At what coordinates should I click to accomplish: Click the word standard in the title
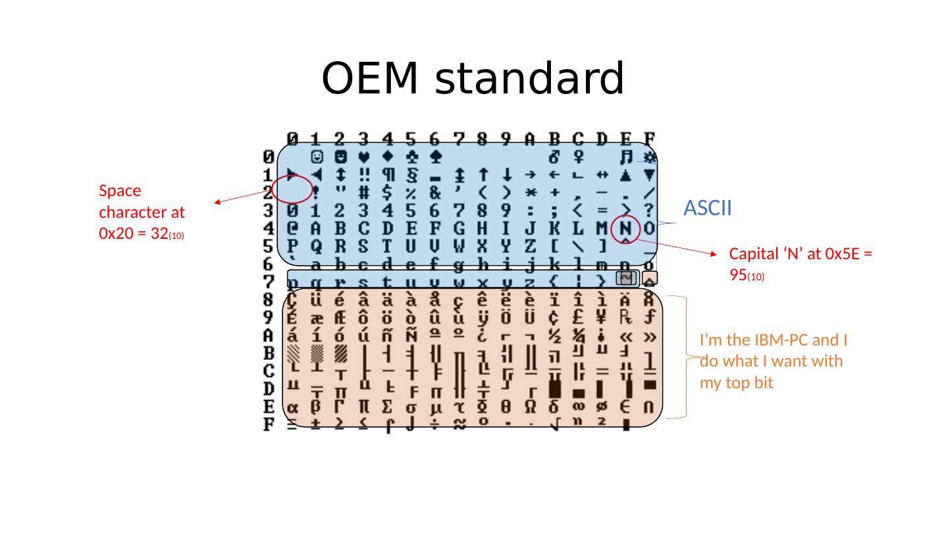click(530, 79)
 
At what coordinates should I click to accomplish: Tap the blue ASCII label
click(708, 208)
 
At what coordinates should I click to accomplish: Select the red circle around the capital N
click(626, 228)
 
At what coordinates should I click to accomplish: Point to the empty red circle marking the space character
click(292, 189)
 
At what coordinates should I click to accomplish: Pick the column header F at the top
click(649, 139)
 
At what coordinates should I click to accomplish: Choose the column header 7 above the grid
click(459, 139)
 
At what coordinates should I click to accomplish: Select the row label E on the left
click(269, 407)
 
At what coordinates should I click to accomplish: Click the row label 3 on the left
click(269, 211)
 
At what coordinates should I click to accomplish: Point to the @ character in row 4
click(293, 229)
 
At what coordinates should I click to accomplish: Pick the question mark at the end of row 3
click(649, 211)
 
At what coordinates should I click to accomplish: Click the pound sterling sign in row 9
click(578, 317)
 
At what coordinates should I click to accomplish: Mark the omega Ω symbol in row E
click(531, 408)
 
